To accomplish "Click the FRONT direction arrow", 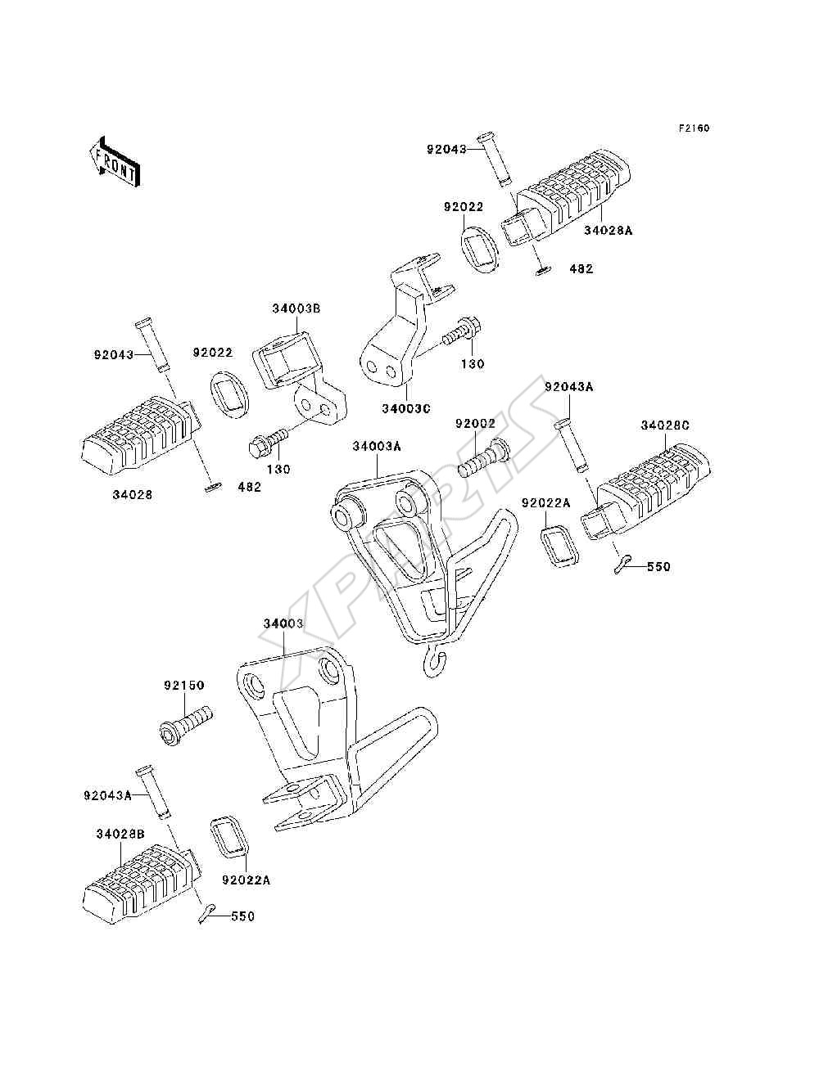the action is click(x=115, y=161).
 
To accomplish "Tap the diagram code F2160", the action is click(x=694, y=128).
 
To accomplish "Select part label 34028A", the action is click(x=608, y=230).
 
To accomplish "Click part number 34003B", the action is click(x=296, y=308).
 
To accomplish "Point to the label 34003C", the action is click(x=406, y=409).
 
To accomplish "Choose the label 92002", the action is click(x=475, y=424).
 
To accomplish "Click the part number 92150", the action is click(x=183, y=685).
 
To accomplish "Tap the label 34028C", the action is click(x=665, y=425).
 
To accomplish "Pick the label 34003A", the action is click(x=377, y=446).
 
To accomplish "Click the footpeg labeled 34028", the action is click(x=141, y=435).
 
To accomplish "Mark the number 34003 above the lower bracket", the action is click(x=283, y=623).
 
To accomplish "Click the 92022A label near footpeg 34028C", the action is click(x=546, y=502).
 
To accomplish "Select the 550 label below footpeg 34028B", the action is click(x=242, y=916).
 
